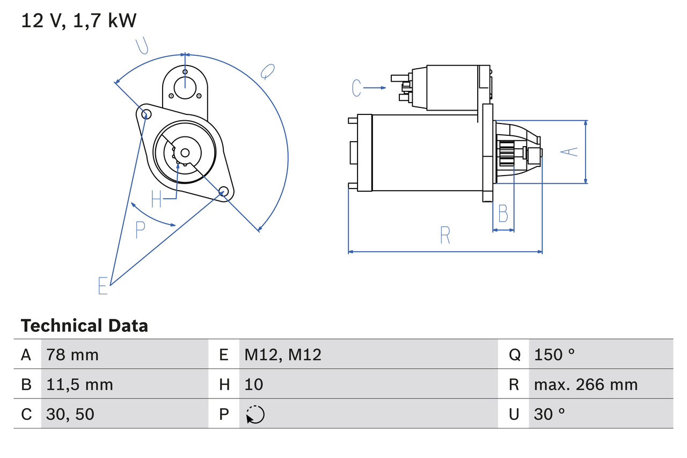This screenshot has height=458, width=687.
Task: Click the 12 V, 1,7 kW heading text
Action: click(78, 20)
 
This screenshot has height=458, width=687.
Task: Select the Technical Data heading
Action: click(84, 326)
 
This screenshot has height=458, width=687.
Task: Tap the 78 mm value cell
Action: click(72, 354)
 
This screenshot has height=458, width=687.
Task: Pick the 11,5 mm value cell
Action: click(79, 384)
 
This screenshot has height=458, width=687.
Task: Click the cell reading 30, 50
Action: click(70, 414)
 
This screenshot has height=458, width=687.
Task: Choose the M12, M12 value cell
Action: click(283, 354)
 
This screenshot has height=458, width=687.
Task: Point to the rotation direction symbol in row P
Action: click(255, 415)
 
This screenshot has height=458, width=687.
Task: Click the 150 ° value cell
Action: click(554, 354)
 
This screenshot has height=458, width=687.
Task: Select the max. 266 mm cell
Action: click(586, 384)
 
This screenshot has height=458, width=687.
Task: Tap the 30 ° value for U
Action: click(550, 414)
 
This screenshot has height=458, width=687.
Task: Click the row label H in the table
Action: click(224, 384)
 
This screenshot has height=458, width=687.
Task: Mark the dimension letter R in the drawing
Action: click(444, 235)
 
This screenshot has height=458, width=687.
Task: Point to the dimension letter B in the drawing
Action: click(503, 214)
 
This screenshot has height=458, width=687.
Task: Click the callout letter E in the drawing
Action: click(103, 286)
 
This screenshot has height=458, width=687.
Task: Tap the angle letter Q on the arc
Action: click(268, 71)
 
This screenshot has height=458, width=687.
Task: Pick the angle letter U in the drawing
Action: click(142, 46)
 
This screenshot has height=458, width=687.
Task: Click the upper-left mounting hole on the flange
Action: click(144, 113)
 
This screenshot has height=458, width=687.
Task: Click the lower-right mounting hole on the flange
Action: click(224, 191)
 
